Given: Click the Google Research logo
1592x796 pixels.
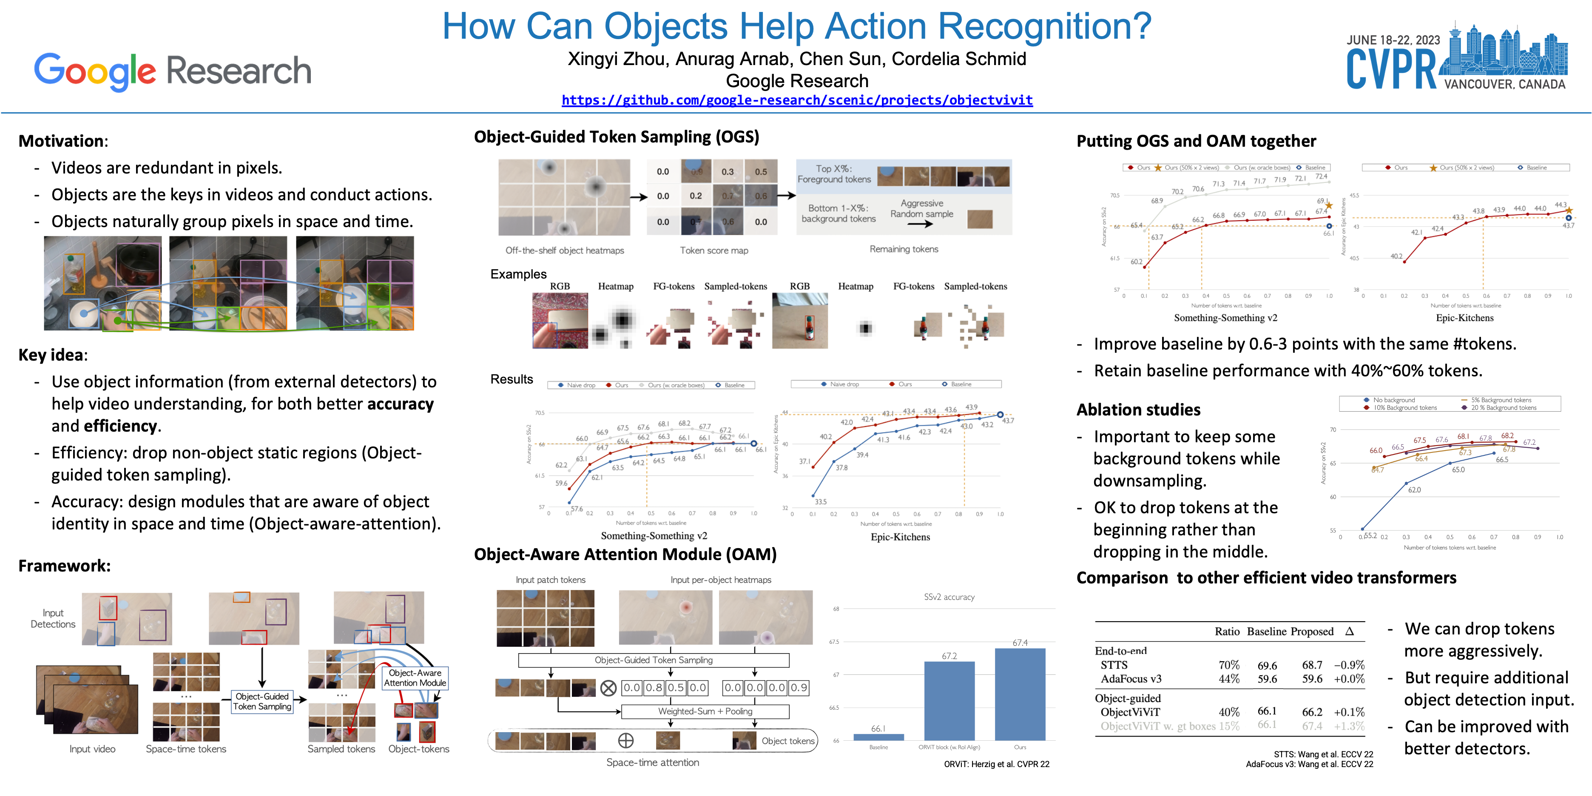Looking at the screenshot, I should (x=173, y=71).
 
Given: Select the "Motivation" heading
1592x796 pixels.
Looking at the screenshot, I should (x=62, y=141).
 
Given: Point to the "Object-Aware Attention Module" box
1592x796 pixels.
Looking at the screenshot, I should (x=415, y=678).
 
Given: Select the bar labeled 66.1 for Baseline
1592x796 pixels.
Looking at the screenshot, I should (x=878, y=736).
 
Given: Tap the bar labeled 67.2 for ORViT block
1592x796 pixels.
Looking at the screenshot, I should (x=949, y=700).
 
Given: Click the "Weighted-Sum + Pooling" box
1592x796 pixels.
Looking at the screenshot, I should (x=705, y=711).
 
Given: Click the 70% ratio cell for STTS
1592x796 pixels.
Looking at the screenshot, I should (x=1228, y=665).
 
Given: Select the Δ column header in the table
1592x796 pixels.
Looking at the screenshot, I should (x=1350, y=631).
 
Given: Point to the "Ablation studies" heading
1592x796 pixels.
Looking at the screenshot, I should (x=1138, y=410).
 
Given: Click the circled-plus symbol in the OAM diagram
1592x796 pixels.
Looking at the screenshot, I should (x=625, y=740).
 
